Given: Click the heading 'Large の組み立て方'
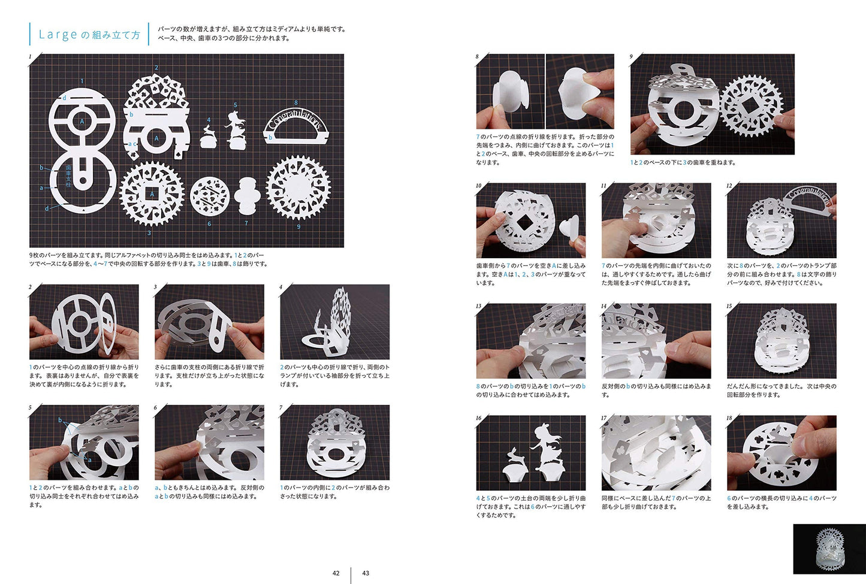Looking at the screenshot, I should coord(89,35).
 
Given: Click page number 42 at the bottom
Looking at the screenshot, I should coord(336,573).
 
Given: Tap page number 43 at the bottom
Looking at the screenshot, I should coord(366,573).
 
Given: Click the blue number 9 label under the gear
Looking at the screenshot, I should coord(298,226).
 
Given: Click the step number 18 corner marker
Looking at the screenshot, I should coord(730,418).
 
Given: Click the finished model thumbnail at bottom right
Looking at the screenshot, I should coord(829,549).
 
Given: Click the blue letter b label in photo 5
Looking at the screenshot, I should coord(60,420).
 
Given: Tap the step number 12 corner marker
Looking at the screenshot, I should coord(729,186).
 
